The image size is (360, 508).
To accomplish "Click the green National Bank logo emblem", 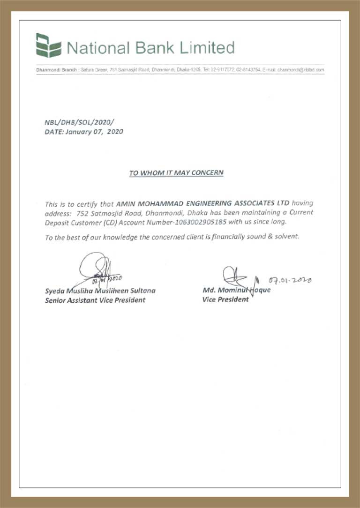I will click(x=48, y=45).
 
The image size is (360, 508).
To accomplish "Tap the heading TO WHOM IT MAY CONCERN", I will click(x=176, y=173).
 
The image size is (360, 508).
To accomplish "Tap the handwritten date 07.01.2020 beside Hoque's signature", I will click(x=291, y=280).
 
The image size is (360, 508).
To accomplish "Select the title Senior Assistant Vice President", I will click(x=95, y=300).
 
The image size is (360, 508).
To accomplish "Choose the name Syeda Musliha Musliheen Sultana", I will click(x=100, y=291).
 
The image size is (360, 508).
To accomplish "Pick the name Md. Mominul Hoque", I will click(x=236, y=290).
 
